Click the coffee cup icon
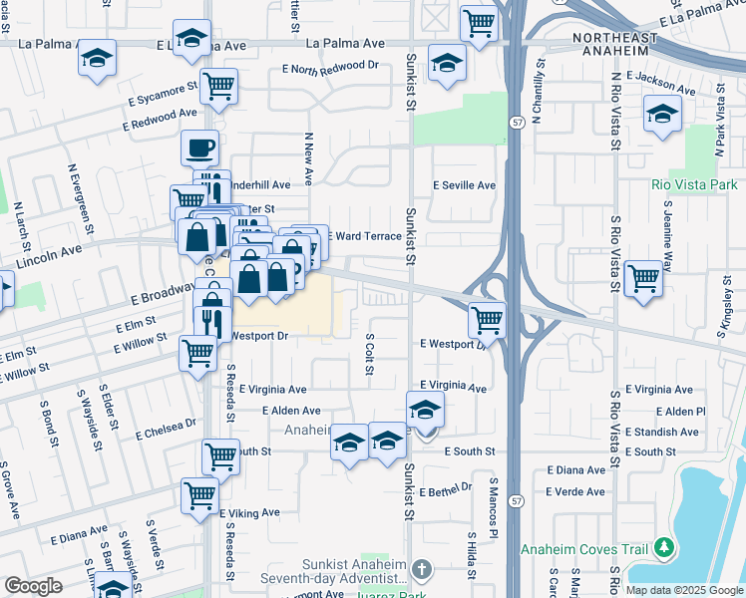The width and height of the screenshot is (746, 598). pyautogui.click(x=199, y=148)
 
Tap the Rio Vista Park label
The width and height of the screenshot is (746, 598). pyautogui.click(x=693, y=184)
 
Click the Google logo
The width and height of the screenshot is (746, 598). pyautogui.click(x=32, y=586)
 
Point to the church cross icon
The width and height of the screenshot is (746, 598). pyautogui.click(x=422, y=569)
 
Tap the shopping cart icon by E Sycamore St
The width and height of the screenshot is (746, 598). pyautogui.click(x=217, y=86)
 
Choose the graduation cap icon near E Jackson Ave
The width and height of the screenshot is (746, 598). pyautogui.click(x=662, y=114)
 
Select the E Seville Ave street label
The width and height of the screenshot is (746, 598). pyautogui.click(x=464, y=185)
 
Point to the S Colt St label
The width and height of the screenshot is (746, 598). pyautogui.click(x=368, y=355)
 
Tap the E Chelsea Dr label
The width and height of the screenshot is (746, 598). pyautogui.click(x=166, y=428)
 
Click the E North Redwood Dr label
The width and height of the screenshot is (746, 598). pyautogui.click(x=330, y=67)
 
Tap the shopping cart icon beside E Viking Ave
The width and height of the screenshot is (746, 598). pyautogui.click(x=199, y=493)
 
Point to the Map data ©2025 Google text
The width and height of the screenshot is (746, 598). pyautogui.click(x=684, y=590)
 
